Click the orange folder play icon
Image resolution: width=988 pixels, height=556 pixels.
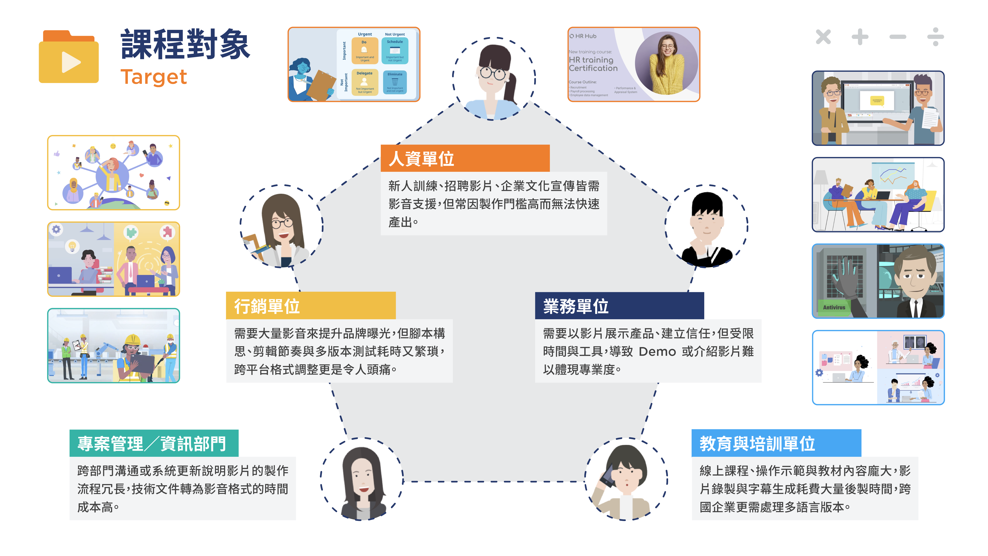(x=69, y=58)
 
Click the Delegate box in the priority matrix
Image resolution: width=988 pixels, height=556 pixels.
(x=364, y=82)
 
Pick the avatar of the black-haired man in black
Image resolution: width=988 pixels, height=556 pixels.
(x=706, y=226)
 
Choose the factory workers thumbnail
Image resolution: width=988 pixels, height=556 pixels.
(x=114, y=345)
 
